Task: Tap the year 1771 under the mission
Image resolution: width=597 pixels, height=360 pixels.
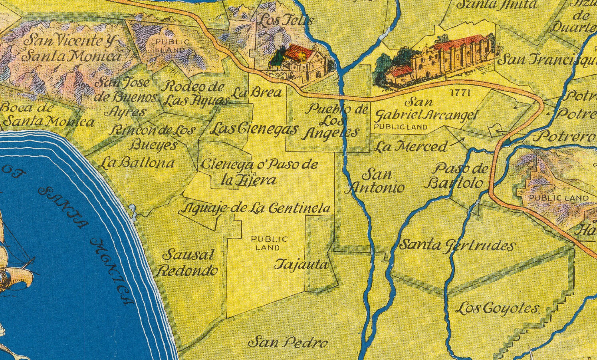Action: [x=460, y=93]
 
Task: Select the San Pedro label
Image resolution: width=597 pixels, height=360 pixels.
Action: [x=288, y=342]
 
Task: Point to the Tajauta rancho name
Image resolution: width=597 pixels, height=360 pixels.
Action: [x=302, y=265]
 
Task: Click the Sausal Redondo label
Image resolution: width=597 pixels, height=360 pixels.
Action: [x=188, y=263]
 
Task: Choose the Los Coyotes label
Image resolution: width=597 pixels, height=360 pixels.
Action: [x=497, y=308]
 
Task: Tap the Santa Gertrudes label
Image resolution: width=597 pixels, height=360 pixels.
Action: [x=458, y=245]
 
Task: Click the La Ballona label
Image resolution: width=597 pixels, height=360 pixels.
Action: [x=137, y=163]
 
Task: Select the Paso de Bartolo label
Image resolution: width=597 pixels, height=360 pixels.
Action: [x=456, y=176]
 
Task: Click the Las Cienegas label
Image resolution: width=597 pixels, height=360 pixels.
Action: [x=254, y=129]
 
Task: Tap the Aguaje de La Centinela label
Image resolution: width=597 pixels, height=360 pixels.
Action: [x=256, y=208]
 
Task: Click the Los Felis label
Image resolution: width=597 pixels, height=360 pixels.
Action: [x=284, y=20]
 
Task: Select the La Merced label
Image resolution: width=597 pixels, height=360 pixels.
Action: [x=411, y=147]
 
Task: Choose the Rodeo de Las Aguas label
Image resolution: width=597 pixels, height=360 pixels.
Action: [x=194, y=93]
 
